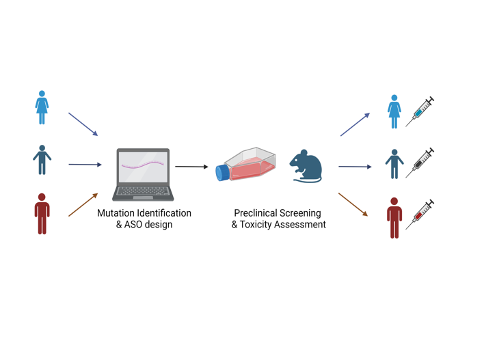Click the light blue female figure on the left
coord(42,107)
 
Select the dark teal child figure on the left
coord(42,160)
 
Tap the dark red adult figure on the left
coord(42,214)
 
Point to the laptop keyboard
coord(142,192)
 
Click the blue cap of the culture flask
coord(222,173)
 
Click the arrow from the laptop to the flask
coord(191,166)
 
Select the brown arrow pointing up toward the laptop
coord(83,205)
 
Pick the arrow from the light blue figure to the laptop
coord(83,124)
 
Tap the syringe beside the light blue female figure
coord(420,111)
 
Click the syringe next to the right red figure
coord(420,214)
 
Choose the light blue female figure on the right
coord(394,111)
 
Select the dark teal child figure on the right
coord(394,164)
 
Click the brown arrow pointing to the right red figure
coord(353,204)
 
